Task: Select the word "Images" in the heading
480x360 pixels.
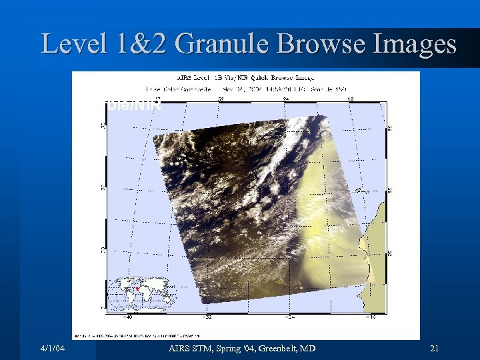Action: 413,44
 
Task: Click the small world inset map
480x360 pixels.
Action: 141,294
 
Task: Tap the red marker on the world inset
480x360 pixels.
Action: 137,289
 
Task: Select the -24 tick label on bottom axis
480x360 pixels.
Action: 291,318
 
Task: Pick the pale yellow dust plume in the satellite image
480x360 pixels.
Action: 327,200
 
